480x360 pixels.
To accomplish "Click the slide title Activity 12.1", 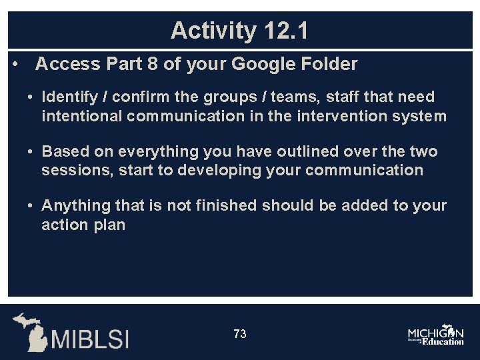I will [x=239, y=31].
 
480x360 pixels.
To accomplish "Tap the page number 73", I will [x=240, y=334].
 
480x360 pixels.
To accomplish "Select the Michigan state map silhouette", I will [x=29, y=331].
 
